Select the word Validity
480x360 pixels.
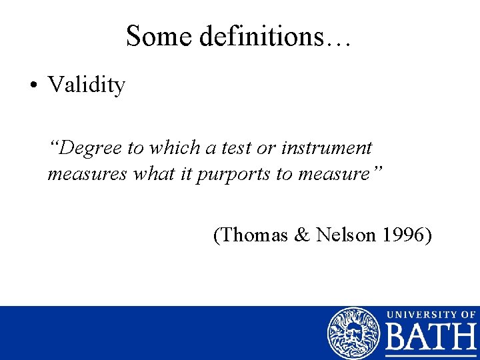pos(86,85)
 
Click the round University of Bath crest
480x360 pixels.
pos(353,333)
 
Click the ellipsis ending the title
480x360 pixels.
pos(337,41)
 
